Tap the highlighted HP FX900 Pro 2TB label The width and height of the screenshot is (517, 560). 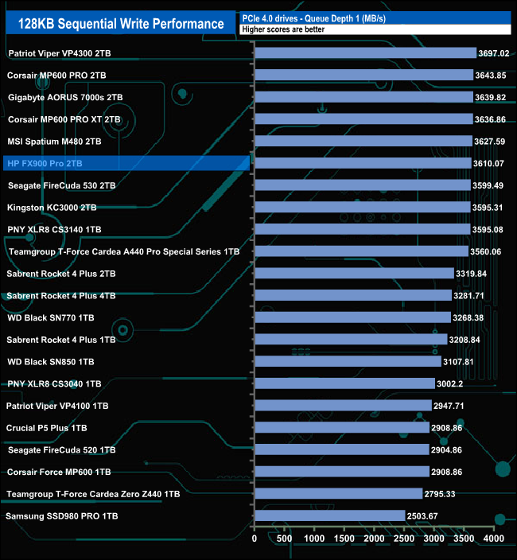point(45,163)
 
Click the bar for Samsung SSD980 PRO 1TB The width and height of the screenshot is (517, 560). point(329,515)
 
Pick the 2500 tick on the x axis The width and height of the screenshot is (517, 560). point(404,539)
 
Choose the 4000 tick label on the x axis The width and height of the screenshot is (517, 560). point(494,539)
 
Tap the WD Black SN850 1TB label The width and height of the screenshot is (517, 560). point(50,361)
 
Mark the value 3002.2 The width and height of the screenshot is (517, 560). point(498,383)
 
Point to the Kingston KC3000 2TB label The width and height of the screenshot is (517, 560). point(52,207)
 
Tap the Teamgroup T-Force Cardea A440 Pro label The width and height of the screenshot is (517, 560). point(123,251)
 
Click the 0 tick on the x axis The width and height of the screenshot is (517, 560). point(255,539)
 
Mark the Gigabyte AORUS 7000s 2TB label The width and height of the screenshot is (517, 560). point(65,97)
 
